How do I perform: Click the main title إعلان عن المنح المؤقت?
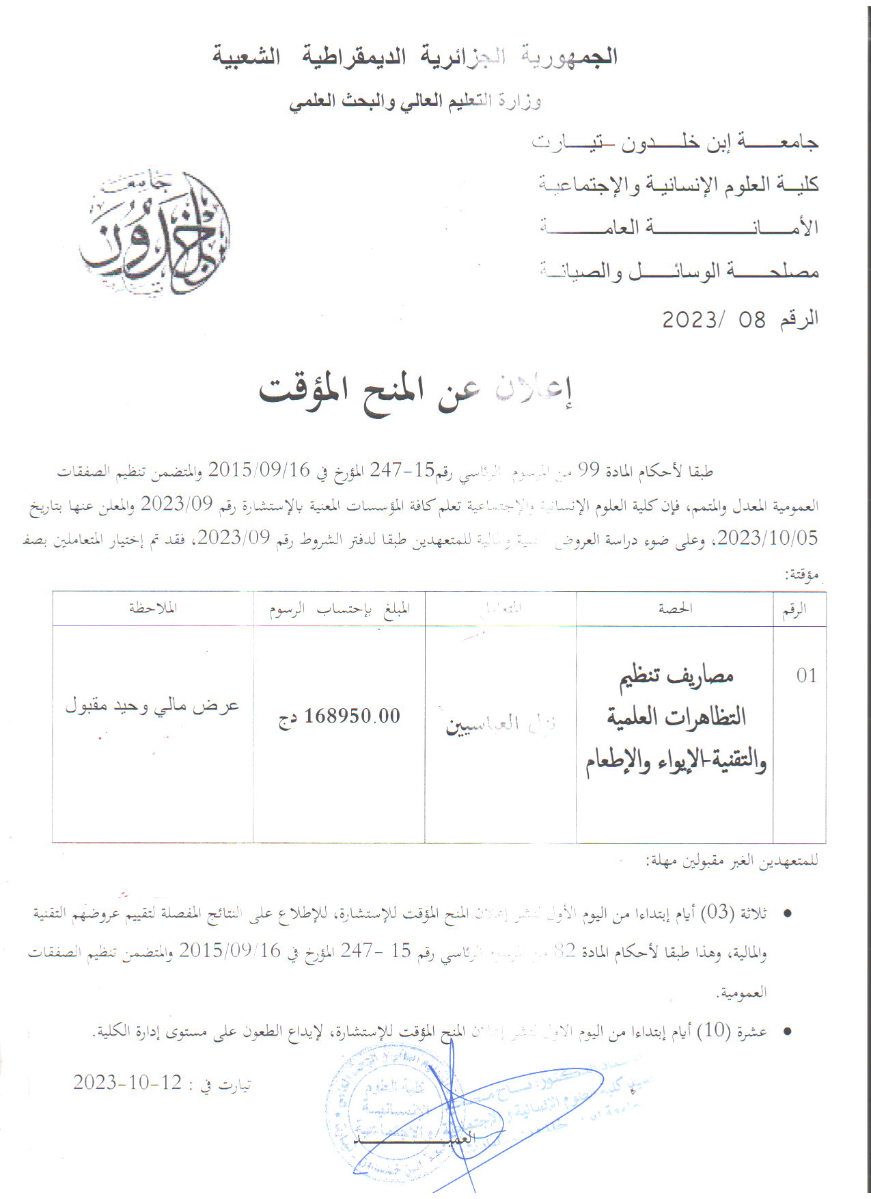[x=415, y=392]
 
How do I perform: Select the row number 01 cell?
[x=806, y=675]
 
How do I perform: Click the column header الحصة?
[x=675, y=608]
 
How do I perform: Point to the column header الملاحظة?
[x=153, y=608]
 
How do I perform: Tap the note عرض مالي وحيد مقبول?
[x=152, y=705]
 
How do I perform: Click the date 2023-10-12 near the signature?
[x=128, y=1083]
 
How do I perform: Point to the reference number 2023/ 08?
[x=714, y=319]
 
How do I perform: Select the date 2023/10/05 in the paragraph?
[x=767, y=538]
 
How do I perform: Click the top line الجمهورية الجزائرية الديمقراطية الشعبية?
[x=415, y=57]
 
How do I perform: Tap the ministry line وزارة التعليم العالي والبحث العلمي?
[x=415, y=102]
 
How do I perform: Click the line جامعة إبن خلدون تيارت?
[x=675, y=142]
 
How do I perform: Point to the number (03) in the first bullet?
[x=717, y=912]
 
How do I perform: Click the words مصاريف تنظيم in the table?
[x=676, y=676]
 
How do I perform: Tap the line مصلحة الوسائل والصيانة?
[x=679, y=271]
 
